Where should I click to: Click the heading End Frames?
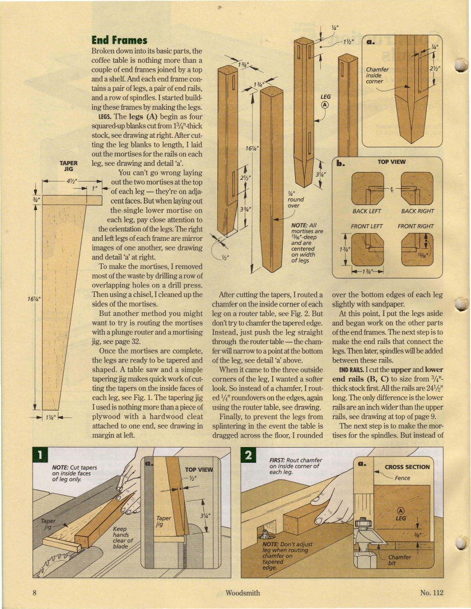pyautogui.click(x=119, y=40)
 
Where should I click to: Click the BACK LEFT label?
pyautogui.click(x=367, y=211)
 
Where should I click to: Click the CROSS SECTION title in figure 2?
pyautogui.click(x=407, y=467)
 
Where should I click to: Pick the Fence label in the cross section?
pyautogui.click(x=402, y=478)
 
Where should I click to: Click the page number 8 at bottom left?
pyautogui.click(x=35, y=593)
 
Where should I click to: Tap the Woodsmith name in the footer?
pyautogui.click(x=242, y=593)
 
